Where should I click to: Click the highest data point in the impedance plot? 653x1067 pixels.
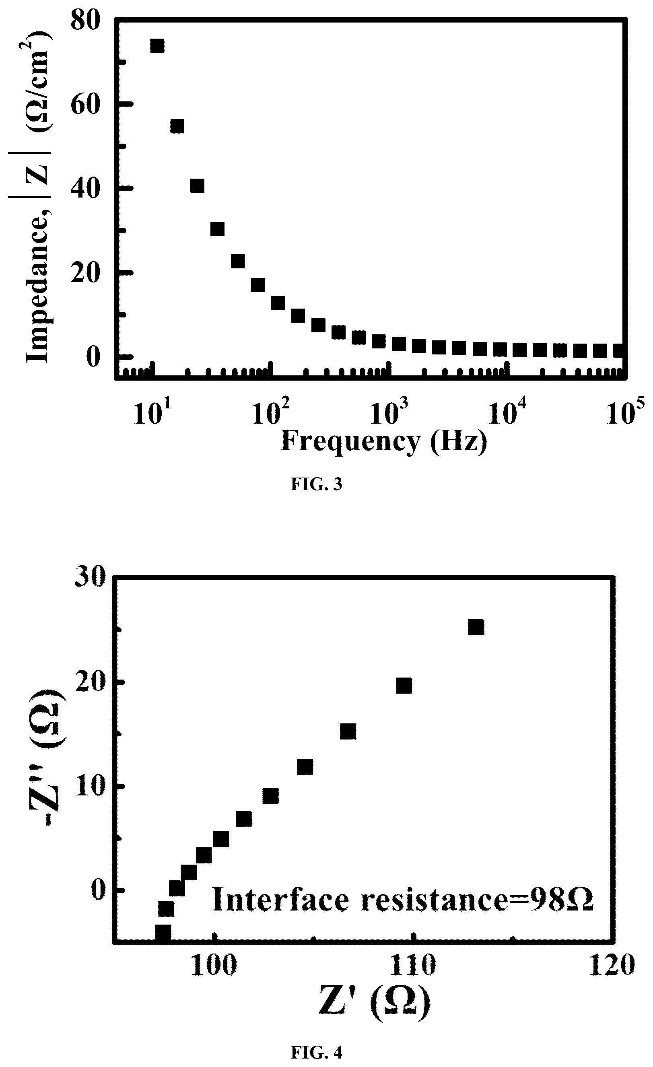click(x=157, y=45)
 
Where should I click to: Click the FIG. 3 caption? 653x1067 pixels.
click(x=317, y=484)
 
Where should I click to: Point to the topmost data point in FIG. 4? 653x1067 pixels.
click(x=476, y=628)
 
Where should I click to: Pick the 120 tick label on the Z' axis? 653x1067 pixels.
click(x=612, y=966)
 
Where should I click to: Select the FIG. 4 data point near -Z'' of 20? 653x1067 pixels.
click(x=404, y=686)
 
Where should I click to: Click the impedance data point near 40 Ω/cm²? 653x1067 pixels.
click(x=197, y=186)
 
